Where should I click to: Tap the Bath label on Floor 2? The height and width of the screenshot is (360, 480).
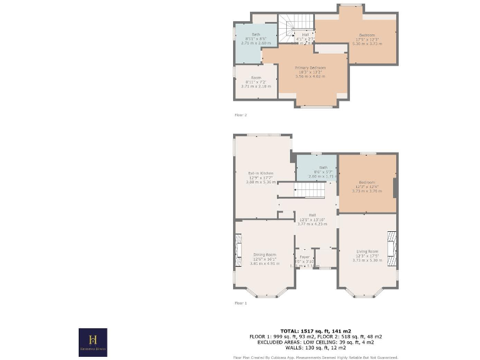(256, 34)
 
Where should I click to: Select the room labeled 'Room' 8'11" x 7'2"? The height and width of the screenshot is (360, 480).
(256, 78)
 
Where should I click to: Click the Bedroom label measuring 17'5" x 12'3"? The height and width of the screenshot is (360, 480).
(367, 35)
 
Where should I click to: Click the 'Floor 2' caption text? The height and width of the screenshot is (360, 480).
(241, 115)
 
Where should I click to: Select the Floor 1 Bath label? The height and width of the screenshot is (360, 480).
(323, 167)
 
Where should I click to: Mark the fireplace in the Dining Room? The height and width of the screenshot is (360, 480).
(237, 245)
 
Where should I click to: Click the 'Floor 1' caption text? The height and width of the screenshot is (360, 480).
(241, 303)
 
